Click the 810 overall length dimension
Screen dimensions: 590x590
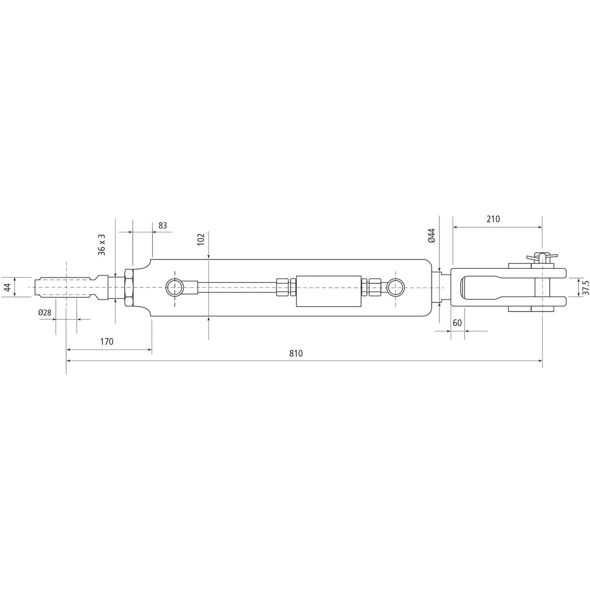pyautogui.click(x=295, y=353)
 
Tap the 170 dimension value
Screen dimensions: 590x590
pyautogui.click(x=106, y=341)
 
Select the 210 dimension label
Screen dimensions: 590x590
pyautogui.click(x=493, y=219)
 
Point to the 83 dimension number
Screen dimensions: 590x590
pyautogui.click(x=163, y=226)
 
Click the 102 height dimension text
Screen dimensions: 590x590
pyautogui.click(x=201, y=239)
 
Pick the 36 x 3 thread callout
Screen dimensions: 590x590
pyautogui.click(x=102, y=244)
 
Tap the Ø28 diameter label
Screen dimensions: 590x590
pyautogui.click(x=45, y=312)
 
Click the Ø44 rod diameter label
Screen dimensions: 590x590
pyautogui.click(x=431, y=236)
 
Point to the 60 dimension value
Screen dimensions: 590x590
pyautogui.click(x=457, y=323)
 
